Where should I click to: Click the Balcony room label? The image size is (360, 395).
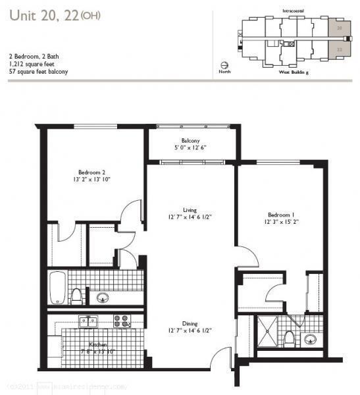[191, 140]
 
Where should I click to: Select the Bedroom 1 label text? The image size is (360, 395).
[281, 215]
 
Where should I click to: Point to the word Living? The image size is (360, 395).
[190, 210]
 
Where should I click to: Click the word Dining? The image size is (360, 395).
[190, 323]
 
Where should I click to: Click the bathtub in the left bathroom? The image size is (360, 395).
[58, 287]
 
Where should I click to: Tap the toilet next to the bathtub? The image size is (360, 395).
[77, 296]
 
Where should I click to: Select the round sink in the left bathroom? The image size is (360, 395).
[103, 297]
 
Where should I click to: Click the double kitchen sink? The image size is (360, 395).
[88, 321]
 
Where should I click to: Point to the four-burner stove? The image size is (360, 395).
[121, 321]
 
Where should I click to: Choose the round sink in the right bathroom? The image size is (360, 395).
[310, 339]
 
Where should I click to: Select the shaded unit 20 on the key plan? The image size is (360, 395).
[338, 28]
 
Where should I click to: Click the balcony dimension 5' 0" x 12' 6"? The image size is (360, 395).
[191, 147]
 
